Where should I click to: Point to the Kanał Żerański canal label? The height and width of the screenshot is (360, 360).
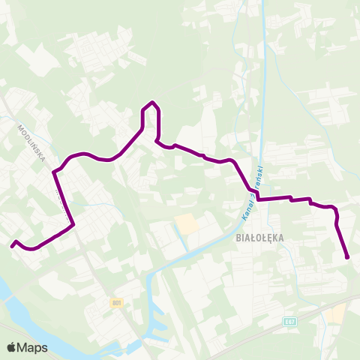tap(253, 193)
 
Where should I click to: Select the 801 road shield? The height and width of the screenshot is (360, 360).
tap(115, 303)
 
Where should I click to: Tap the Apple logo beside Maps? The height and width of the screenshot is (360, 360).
tap(12, 347)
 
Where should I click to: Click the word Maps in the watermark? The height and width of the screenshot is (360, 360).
tap(33, 347)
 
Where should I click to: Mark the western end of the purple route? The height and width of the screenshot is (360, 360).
tap(12, 244)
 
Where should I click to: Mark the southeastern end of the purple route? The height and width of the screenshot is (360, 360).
tap(348, 258)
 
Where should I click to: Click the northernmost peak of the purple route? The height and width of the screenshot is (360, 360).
tap(152, 102)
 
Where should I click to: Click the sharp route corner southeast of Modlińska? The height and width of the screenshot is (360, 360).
tap(73, 223)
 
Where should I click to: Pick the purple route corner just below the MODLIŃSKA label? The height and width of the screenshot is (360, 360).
tap(54, 172)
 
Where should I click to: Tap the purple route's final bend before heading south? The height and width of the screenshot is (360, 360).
tap(336, 210)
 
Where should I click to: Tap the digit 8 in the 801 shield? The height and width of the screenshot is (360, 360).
tap(112, 303)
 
